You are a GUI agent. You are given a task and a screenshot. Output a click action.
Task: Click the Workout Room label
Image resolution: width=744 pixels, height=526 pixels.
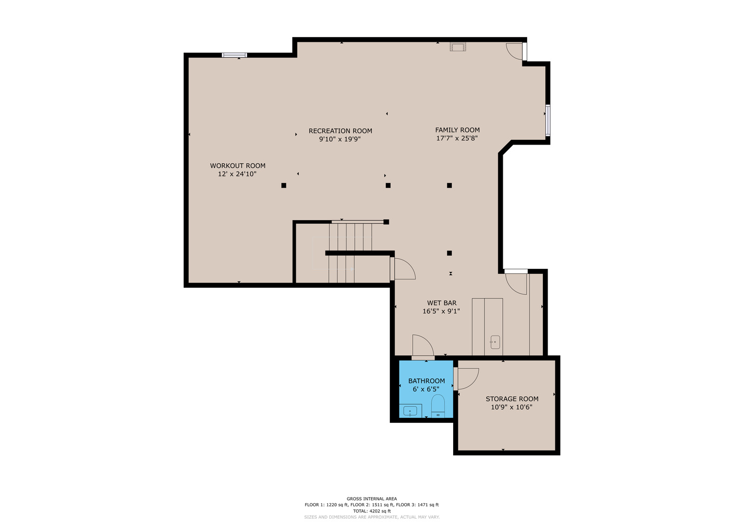[237, 166]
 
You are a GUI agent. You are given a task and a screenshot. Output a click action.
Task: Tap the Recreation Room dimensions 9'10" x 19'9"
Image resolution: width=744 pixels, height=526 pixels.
[340, 139]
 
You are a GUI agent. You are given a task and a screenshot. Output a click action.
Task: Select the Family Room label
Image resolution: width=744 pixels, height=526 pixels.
[458, 130]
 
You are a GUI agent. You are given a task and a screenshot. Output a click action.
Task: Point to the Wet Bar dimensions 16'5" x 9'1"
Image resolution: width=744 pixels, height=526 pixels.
[441, 311]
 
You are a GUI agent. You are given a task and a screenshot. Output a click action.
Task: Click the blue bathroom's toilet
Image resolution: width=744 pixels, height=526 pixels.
[438, 406]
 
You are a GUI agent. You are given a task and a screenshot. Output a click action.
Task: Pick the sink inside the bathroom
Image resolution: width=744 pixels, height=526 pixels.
[410, 411]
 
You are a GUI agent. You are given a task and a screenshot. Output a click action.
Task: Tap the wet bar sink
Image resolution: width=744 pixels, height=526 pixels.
[495, 342]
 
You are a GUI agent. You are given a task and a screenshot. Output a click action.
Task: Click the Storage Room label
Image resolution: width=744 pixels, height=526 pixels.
[512, 399]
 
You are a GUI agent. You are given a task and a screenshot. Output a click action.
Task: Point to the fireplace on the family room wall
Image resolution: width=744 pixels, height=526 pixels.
[458, 46]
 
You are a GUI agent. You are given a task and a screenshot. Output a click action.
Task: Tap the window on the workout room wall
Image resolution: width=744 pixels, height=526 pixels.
[234, 55]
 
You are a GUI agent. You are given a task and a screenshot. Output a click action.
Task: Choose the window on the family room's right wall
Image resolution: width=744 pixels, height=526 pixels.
[548, 120]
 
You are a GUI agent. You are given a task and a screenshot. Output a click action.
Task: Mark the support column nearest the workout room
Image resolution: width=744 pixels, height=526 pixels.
[284, 185]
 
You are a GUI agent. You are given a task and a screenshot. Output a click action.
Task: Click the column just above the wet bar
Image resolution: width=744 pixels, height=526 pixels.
[449, 253]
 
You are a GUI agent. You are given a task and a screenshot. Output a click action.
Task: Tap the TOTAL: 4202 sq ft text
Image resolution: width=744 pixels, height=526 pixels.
[372, 511]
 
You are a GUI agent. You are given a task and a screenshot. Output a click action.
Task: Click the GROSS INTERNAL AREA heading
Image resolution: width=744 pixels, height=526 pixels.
[372, 498]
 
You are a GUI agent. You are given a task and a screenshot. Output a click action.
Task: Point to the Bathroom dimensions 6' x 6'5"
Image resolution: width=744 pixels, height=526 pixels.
[426, 389]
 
